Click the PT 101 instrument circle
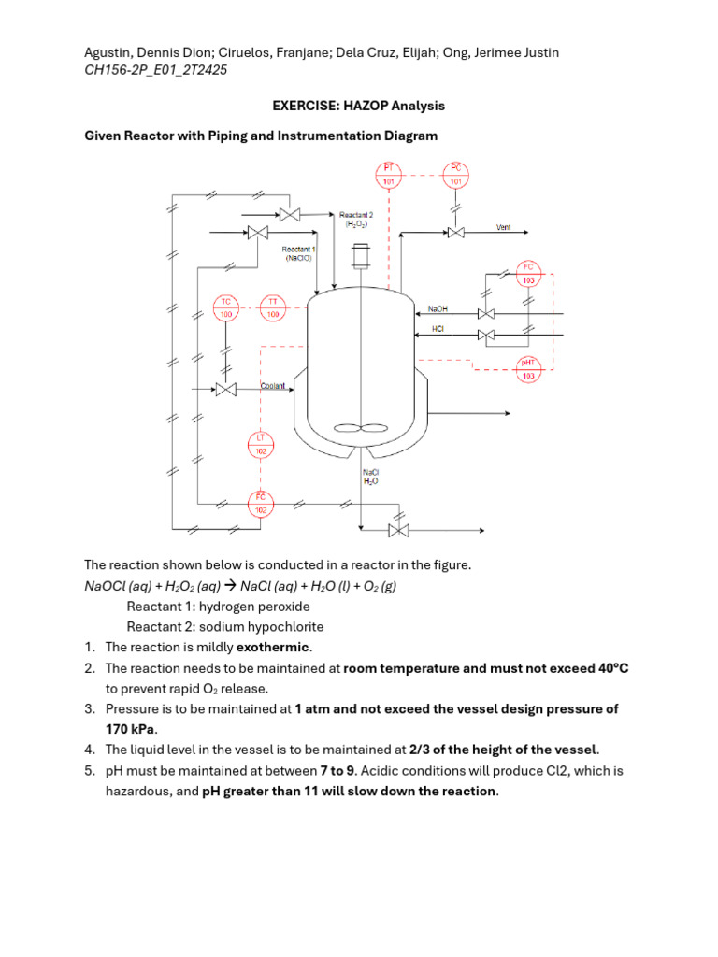(x=389, y=175)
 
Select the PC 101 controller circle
(x=455, y=175)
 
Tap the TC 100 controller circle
(x=225, y=307)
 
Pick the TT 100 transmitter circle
(x=273, y=307)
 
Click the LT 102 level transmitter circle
(x=262, y=445)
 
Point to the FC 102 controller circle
(x=262, y=504)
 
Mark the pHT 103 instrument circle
(x=528, y=369)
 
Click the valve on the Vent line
(x=455, y=232)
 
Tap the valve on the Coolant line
(x=225, y=390)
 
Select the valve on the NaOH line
(x=486, y=314)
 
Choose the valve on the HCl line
(x=486, y=335)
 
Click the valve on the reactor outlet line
(x=399, y=531)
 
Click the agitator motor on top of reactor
(x=359, y=256)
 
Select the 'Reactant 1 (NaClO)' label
(x=298, y=253)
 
